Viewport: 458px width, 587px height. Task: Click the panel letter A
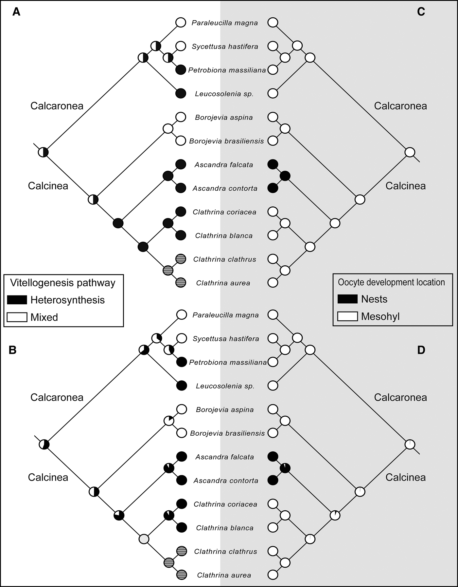pyautogui.click(x=16, y=12)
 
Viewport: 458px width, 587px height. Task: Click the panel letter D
pyautogui.click(x=421, y=350)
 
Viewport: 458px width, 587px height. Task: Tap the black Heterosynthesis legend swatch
pyautogui.click(x=17, y=300)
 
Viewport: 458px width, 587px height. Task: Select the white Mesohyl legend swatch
pyautogui.click(x=347, y=316)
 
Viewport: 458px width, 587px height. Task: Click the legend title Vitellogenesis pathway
pyautogui.click(x=63, y=283)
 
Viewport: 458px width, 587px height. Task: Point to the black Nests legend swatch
pyautogui.click(x=347, y=299)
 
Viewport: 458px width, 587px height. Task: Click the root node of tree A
pyautogui.click(x=43, y=152)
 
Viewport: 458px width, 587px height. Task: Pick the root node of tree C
pyautogui.click(x=410, y=152)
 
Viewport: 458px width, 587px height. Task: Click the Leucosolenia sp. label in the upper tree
pyautogui.click(x=224, y=94)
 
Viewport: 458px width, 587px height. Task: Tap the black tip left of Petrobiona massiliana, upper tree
pyautogui.click(x=181, y=70)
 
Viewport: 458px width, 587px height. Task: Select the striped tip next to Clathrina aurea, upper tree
pyautogui.click(x=181, y=282)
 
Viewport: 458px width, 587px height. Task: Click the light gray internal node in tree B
pyautogui.click(x=144, y=539)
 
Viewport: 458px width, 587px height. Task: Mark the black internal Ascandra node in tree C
pyautogui.click(x=285, y=176)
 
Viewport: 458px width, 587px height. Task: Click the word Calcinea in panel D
pyautogui.click(x=405, y=477)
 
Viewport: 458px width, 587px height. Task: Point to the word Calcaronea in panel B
pyautogui.click(x=57, y=397)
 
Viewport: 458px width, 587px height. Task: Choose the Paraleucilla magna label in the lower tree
pyautogui.click(x=225, y=315)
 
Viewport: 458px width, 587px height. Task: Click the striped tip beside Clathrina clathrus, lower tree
pyautogui.click(x=182, y=551)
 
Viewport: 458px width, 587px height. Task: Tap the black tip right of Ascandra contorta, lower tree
pyautogui.click(x=273, y=480)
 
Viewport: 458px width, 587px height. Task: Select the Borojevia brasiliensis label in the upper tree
pyautogui.click(x=226, y=141)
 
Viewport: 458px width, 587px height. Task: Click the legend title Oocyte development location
pyautogui.click(x=391, y=282)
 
